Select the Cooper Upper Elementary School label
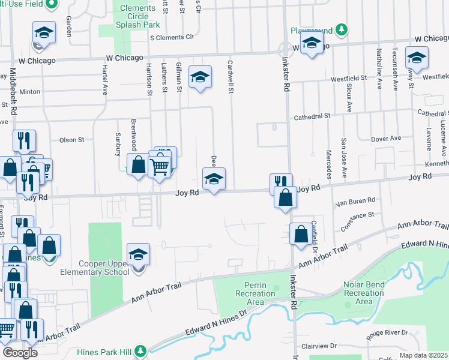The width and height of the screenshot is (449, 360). tap(103, 268)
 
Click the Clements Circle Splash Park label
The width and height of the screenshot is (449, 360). tap(139, 16)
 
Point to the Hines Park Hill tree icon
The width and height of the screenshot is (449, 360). tap(140, 350)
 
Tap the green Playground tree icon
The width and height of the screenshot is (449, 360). tap(342, 29)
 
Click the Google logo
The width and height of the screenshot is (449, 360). tap(19, 352)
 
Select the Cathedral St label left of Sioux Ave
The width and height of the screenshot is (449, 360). tap(311, 116)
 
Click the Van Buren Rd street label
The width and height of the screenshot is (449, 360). tap(355, 200)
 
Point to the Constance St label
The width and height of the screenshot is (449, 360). tap(357, 214)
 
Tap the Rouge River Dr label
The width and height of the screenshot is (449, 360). tap(387, 332)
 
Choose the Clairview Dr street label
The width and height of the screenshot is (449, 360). tap(321, 346)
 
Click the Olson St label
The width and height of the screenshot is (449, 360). tap(71, 140)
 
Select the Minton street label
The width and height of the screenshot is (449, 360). tap(29, 92)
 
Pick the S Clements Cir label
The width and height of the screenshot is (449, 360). tap(172, 37)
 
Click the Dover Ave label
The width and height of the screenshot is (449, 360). tap(386, 138)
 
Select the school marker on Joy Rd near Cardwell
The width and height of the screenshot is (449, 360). tap(214, 179)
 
